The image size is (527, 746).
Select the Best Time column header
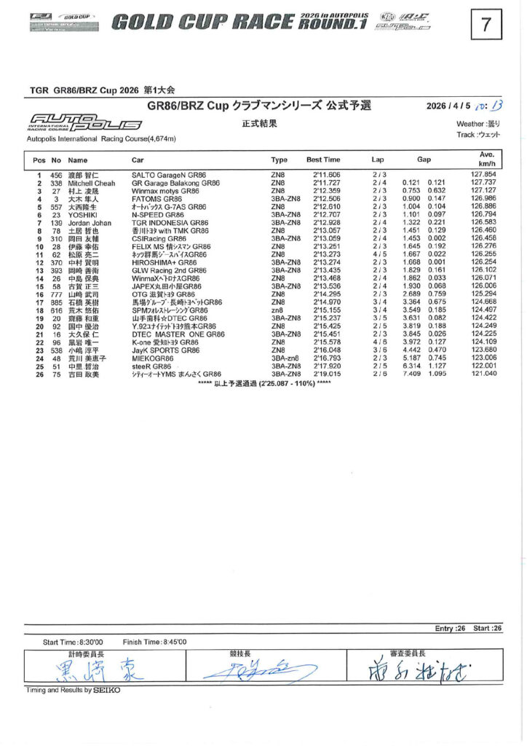tap(323, 160)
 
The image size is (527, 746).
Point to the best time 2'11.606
tap(327, 176)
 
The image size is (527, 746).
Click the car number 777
tap(56, 294)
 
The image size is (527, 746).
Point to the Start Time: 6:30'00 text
tap(73, 642)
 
